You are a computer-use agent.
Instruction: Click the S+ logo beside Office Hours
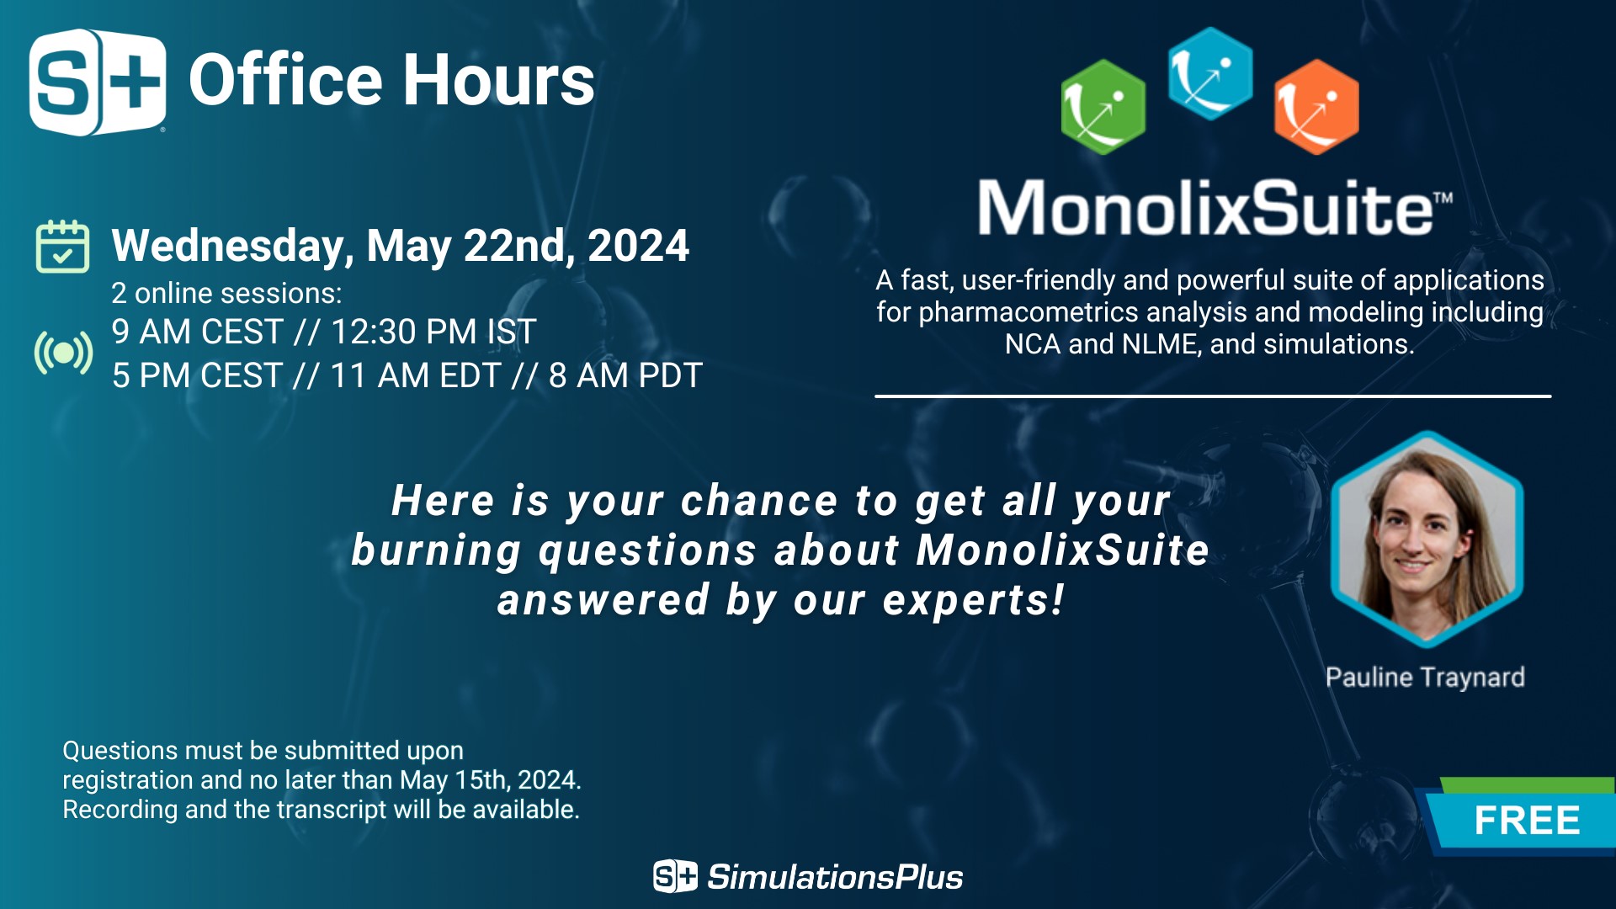point(98,82)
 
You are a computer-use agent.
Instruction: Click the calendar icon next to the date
point(62,247)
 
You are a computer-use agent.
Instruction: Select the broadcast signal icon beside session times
point(63,353)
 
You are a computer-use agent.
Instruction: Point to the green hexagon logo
point(1103,107)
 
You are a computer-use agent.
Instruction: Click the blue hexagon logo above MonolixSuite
point(1210,73)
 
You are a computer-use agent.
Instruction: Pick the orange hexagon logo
point(1316,107)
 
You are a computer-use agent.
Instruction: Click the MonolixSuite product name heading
point(1215,208)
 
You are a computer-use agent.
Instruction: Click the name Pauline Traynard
point(1425,678)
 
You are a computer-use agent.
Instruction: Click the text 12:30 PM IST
point(433,332)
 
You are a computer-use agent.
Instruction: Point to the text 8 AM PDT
point(625,375)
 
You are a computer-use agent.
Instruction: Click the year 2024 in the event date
point(638,246)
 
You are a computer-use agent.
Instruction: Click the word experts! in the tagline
point(974,601)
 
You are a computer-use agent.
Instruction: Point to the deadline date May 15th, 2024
point(490,780)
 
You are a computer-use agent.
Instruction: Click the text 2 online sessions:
point(226,294)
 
